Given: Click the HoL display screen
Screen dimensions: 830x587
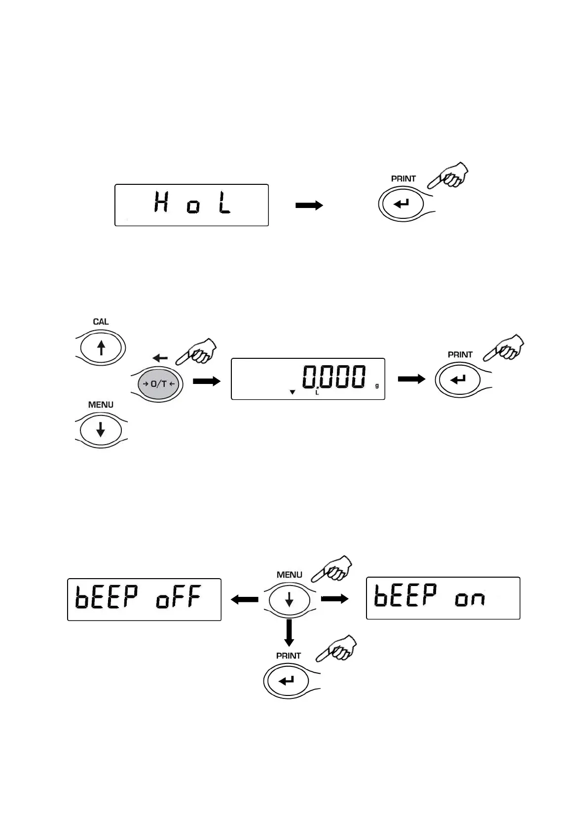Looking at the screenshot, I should coord(191,205).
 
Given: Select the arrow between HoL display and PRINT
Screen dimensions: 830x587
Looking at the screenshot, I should coord(309,206).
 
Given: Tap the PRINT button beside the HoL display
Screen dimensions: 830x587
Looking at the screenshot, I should coord(402,203).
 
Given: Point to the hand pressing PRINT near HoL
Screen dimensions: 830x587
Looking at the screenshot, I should coord(449,175).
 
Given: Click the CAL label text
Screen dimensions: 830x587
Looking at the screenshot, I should coord(101,322).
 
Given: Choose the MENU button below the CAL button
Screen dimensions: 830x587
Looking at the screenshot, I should coord(101,429).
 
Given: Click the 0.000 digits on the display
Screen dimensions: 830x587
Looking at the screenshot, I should coord(334,378).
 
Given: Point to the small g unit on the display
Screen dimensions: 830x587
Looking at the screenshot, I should coord(377,385).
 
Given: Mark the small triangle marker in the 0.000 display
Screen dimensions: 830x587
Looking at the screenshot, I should coord(293,392).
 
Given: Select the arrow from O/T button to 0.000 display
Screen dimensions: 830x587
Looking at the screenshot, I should coord(207,381).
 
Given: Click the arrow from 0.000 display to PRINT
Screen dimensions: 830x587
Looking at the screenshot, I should coord(411,379).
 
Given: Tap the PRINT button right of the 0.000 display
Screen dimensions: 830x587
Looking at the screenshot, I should coord(458,380).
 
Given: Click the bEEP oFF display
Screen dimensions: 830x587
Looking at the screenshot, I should coord(144,599).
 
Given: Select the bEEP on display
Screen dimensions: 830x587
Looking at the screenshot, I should coord(443,598).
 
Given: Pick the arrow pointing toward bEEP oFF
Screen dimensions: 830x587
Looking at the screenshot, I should coord(245,600).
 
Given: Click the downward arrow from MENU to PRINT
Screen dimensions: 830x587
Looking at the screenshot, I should coord(289,632).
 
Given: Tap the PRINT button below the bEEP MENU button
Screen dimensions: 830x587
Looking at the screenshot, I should coord(287,681).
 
